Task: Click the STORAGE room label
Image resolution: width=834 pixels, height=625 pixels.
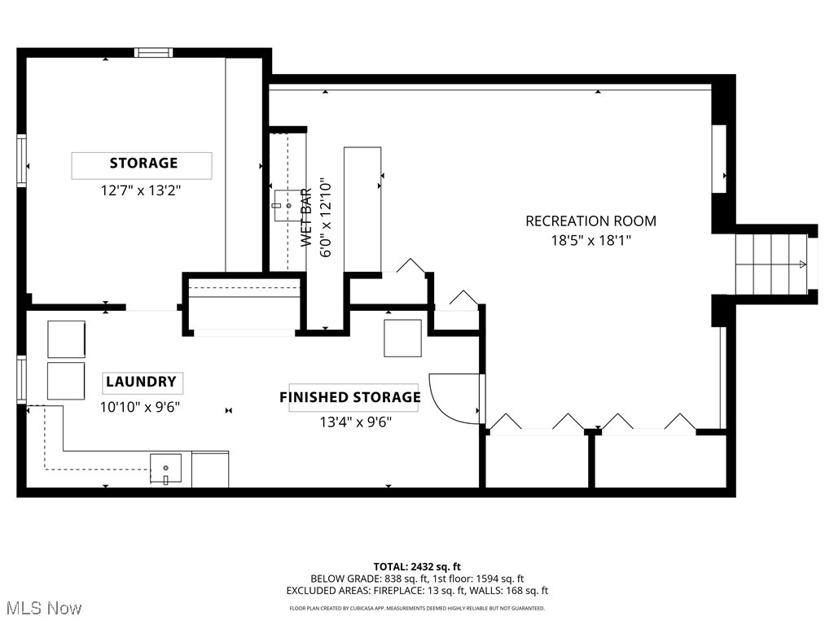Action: [x=143, y=164]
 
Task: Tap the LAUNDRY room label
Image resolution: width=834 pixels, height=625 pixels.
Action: [x=142, y=382]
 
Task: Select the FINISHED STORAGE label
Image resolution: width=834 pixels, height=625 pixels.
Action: [x=351, y=397]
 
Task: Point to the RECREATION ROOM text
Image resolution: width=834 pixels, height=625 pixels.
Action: [x=590, y=221]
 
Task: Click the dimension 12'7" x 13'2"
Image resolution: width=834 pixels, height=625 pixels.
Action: [x=140, y=191]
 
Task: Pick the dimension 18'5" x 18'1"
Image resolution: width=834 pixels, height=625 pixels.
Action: [x=591, y=240]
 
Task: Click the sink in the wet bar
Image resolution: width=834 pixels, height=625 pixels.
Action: [x=288, y=205]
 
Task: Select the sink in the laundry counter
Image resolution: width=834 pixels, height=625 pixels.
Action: [x=165, y=470]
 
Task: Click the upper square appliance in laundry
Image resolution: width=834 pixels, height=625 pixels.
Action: [x=66, y=339]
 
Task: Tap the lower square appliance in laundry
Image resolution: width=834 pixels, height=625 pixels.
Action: [x=66, y=380]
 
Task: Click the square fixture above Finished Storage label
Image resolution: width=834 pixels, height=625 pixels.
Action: [x=402, y=338]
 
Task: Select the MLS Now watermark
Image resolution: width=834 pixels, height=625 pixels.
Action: [x=42, y=608]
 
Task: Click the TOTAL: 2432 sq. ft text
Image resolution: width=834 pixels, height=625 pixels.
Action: [x=417, y=566]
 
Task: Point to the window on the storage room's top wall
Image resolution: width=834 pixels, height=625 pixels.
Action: [x=154, y=53]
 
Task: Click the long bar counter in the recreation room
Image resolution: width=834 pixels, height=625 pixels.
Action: [x=362, y=209]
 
